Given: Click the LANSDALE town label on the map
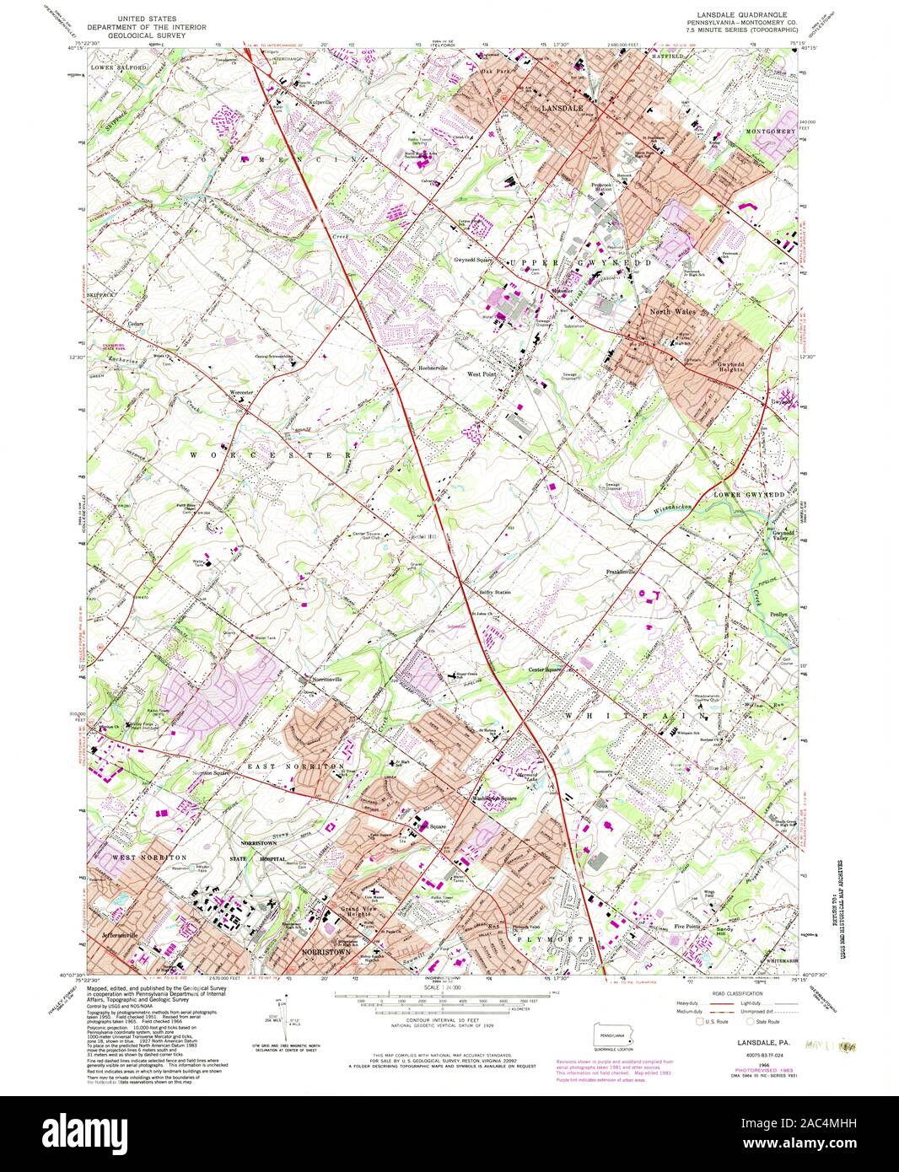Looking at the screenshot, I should pyautogui.click(x=562, y=109).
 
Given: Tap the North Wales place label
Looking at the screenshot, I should pyautogui.click(x=670, y=312).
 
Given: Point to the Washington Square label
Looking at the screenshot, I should pyautogui.click(x=494, y=798).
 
